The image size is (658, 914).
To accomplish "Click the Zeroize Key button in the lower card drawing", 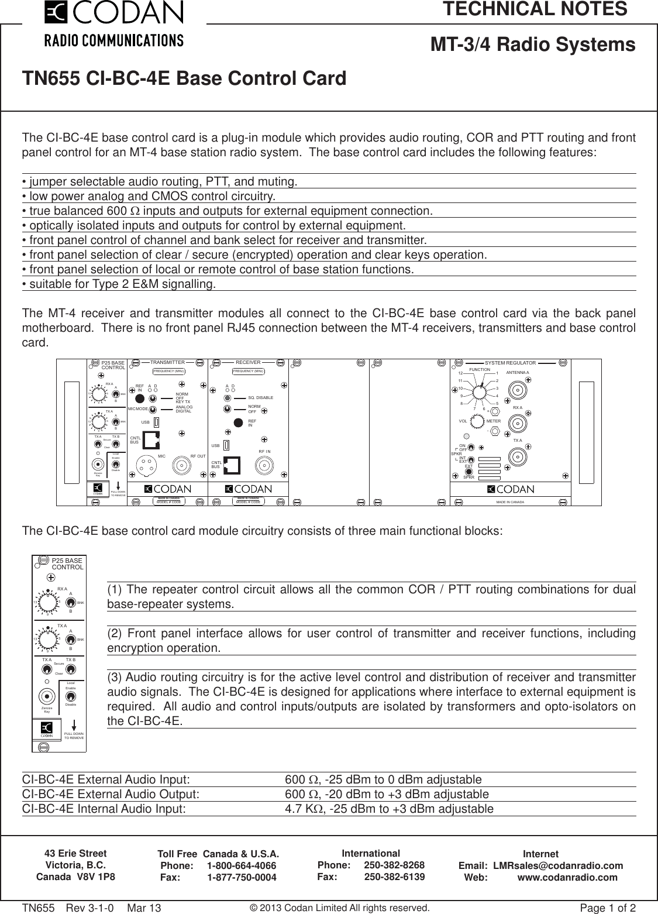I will [47, 696].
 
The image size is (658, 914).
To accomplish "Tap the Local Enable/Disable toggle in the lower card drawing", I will [70, 696].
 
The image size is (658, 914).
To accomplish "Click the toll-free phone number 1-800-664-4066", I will [242, 866].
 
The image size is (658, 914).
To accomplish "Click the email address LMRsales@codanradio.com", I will [558, 865].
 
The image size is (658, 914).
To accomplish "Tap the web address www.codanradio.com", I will [567, 877].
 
